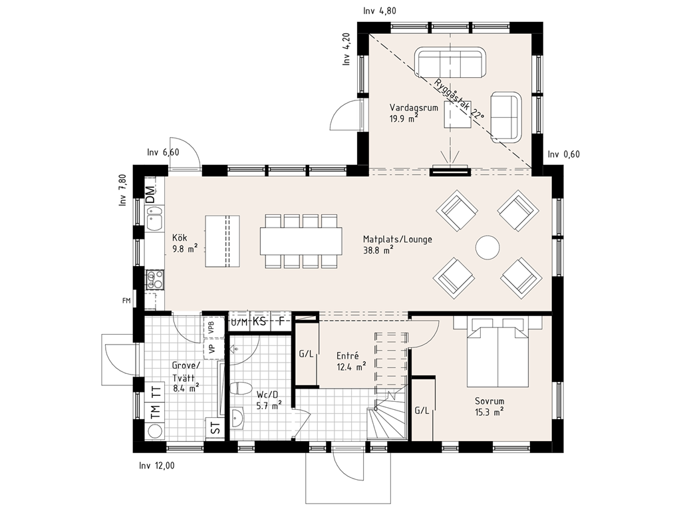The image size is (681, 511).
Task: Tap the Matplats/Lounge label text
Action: (x=398, y=240)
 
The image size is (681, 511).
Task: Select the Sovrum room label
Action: (x=489, y=401)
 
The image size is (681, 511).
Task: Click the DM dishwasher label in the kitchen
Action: (x=150, y=194)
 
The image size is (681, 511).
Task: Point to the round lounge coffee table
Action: (x=487, y=248)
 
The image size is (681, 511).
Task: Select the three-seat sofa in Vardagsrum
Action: (x=450, y=63)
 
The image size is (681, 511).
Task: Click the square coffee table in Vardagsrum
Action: (x=458, y=114)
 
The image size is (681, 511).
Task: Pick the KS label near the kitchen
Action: (x=259, y=321)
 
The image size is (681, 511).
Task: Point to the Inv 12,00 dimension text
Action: (x=157, y=466)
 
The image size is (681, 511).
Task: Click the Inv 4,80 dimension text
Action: (x=380, y=11)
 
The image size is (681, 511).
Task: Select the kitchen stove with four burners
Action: (x=154, y=279)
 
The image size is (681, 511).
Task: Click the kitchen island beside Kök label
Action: (x=222, y=241)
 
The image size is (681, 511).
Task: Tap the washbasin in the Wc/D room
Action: (x=237, y=419)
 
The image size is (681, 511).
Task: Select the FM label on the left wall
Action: (x=126, y=300)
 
